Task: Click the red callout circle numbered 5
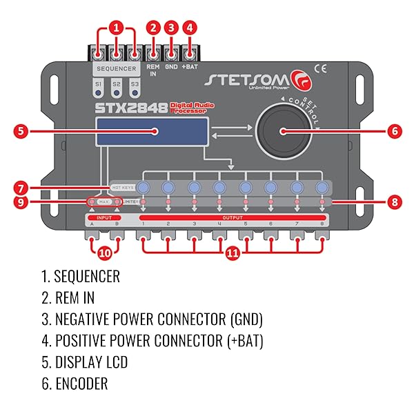(23, 130)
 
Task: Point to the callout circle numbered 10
(104, 253)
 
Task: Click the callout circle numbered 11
(233, 253)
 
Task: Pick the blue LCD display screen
(152, 131)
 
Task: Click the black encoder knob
(282, 130)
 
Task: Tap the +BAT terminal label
(190, 68)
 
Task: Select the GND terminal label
(171, 68)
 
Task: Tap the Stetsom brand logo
(248, 79)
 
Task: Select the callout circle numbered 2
(153, 28)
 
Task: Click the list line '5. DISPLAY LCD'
(83, 362)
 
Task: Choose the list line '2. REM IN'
(68, 298)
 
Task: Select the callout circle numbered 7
(23, 187)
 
